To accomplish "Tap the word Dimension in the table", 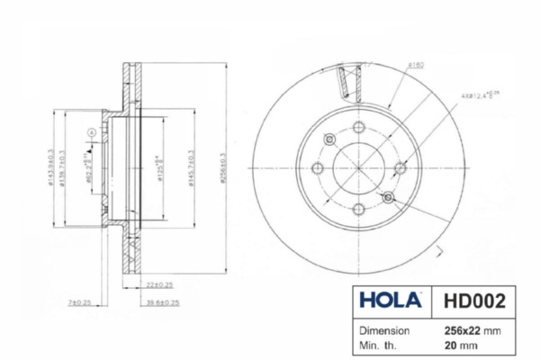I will [x=386, y=329].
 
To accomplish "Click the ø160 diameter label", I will [x=416, y=65].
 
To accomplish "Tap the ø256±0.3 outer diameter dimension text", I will [x=221, y=166].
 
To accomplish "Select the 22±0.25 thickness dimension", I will [x=158, y=284].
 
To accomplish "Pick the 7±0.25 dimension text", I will [x=79, y=302].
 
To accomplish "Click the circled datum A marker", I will [x=91, y=133].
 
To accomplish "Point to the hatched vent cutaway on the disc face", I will [x=346, y=83].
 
